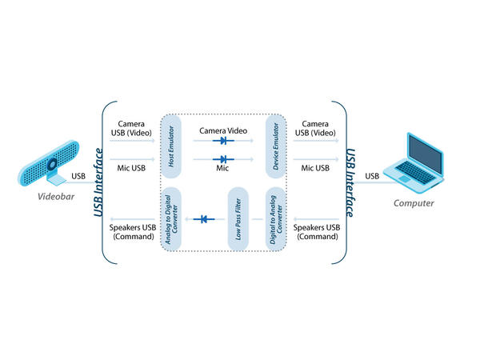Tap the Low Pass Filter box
pyautogui.click(x=237, y=218)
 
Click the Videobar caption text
pyautogui.click(x=50, y=196)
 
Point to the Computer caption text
pyautogui.click(x=414, y=203)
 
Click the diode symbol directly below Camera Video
pyautogui.click(x=222, y=140)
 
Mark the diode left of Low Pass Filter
pyautogui.click(x=205, y=218)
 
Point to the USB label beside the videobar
pyautogui.click(x=78, y=176)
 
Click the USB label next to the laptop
pyautogui.click(x=373, y=176)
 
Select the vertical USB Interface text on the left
pyautogui.click(x=98, y=182)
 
